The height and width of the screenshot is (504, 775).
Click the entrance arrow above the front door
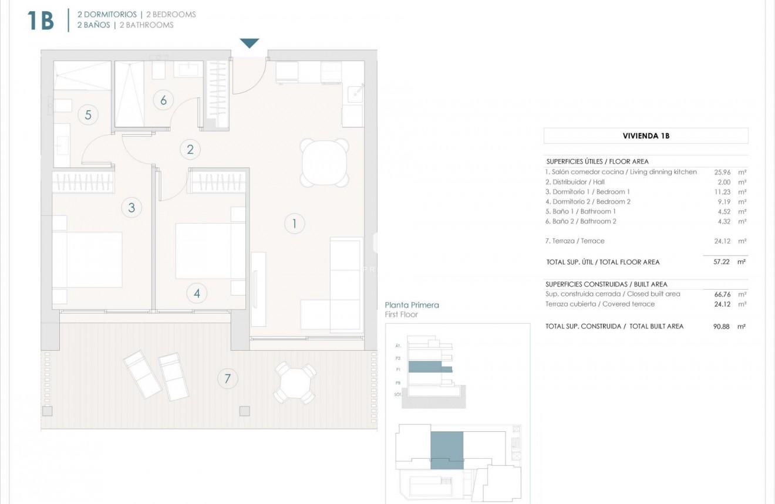250,43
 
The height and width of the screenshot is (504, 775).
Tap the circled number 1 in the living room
294,223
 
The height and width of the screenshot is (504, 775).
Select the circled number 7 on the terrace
227,378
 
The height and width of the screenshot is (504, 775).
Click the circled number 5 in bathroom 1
88,114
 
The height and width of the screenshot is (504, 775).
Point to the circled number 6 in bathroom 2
163,100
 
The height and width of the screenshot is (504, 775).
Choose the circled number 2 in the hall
190,149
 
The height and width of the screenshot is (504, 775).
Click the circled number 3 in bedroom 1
132,207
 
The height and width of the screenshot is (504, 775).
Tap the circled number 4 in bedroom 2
197,293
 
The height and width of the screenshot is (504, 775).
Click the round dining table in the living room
324,162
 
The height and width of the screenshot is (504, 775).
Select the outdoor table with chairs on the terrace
295,383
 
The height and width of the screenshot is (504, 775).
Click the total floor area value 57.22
721,262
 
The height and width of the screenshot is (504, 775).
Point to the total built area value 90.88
721,326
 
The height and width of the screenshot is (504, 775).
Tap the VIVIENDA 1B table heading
646,136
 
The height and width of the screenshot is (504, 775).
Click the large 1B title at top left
41,21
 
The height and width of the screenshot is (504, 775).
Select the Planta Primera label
412,305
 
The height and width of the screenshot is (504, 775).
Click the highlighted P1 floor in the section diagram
430,367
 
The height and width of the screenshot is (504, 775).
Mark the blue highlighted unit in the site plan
447,450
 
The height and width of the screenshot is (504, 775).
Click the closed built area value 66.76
721,294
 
